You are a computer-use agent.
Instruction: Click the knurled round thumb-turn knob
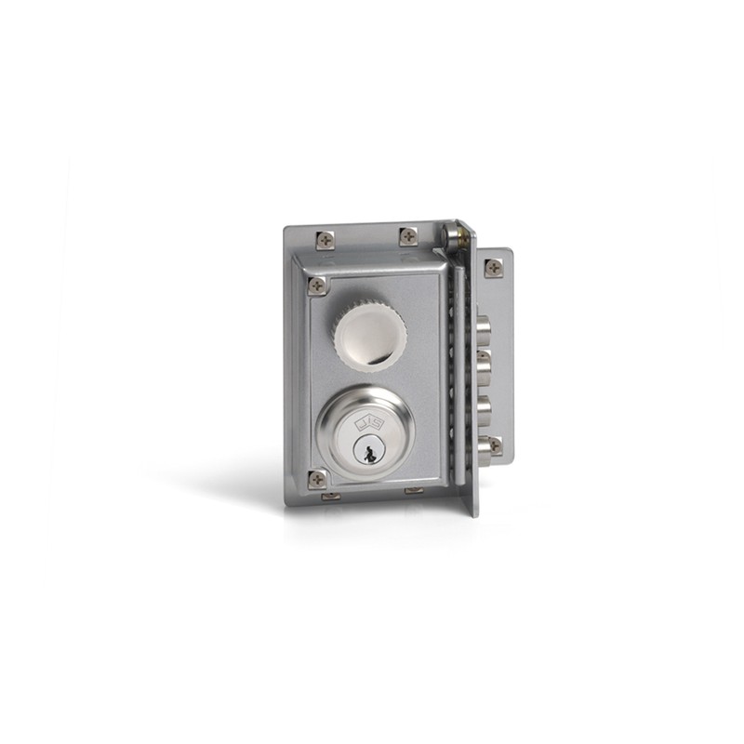point(370,332)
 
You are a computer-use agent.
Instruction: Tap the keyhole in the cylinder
point(368,453)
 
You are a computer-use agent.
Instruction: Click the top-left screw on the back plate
point(324,240)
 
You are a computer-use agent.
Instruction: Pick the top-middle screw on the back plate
point(407,236)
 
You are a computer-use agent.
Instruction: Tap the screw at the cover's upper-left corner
point(317,286)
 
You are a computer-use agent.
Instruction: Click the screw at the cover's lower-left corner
point(317,478)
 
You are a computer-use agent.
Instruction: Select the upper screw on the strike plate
point(493,268)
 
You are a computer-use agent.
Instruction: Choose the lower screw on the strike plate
point(494,445)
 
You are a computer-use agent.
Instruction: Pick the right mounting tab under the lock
point(413,490)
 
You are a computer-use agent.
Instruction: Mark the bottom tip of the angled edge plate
point(473,511)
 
